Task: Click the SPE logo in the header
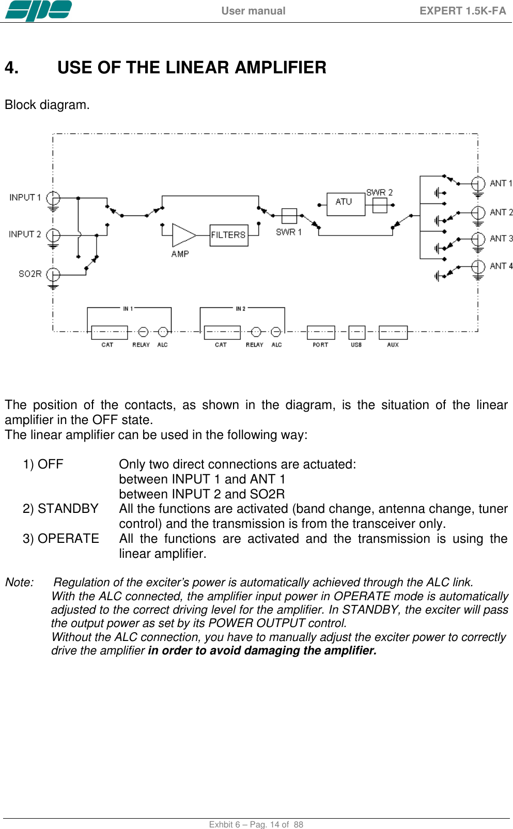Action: click(x=38, y=10)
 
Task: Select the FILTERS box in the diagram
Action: click(x=228, y=235)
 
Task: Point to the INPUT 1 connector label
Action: click(x=25, y=197)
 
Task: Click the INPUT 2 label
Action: click(x=25, y=234)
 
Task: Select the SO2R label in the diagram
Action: click(x=30, y=274)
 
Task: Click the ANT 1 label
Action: click(x=501, y=183)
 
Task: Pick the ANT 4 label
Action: click(x=501, y=266)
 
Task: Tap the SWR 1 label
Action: click(x=289, y=232)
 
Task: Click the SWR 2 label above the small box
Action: click(x=379, y=192)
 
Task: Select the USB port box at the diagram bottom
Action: click(x=356, y=332)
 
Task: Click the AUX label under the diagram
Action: click(x=393, y=345)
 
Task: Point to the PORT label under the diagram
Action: click(x=320, y=345)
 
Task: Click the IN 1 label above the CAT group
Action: click(x=128, y=308)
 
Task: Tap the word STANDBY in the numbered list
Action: click(x=68, y=509)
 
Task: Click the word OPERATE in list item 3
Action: click(x=68, y=539)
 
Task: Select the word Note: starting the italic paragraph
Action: click(x=20, y=583)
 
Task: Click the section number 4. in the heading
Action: click(x=11, y=68)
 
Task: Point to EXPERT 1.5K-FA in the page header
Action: click(x=462, y=11)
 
